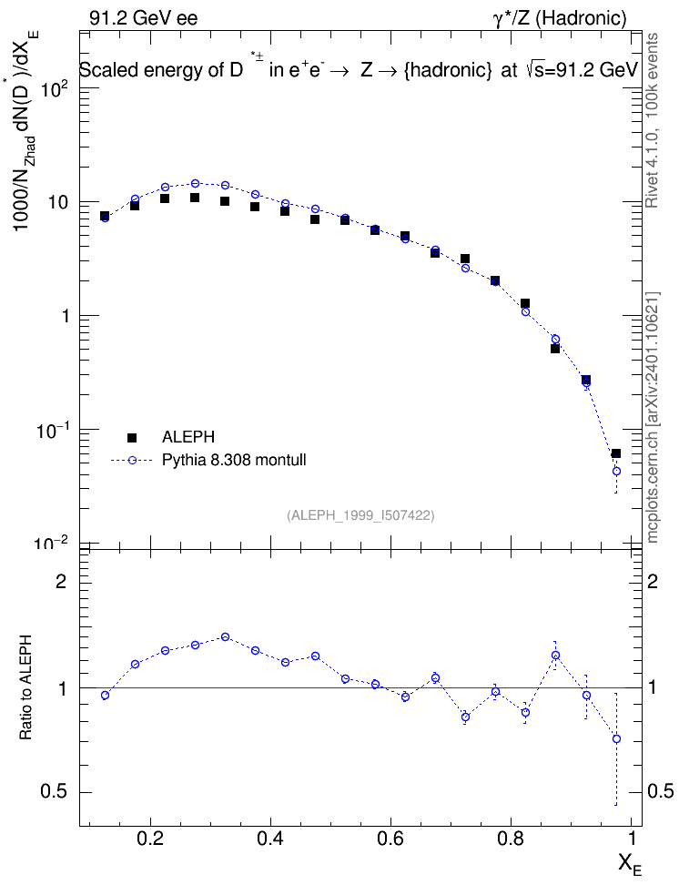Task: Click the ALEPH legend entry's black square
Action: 132,437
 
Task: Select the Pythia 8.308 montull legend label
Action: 234,460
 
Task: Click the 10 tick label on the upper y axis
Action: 58,202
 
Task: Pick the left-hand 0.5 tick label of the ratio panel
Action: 53,791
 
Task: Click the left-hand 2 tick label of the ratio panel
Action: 61,581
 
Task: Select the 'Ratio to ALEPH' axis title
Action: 25,687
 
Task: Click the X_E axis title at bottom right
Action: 630,864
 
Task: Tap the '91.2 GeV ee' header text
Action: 144,18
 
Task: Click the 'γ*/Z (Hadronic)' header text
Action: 560,18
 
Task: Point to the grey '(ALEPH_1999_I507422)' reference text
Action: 360,515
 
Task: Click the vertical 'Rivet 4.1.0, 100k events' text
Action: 652,120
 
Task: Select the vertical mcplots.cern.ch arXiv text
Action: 653,417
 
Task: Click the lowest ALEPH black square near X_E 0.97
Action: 616,453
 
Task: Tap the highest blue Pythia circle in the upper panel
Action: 195,183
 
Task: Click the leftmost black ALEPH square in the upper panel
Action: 105,216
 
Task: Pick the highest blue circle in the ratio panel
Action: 225,636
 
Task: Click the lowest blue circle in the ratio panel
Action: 616,738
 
